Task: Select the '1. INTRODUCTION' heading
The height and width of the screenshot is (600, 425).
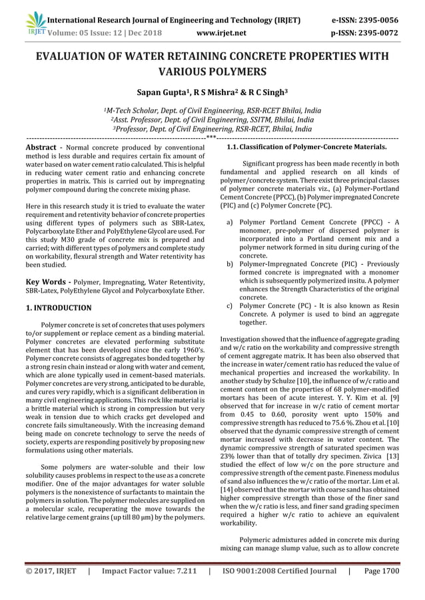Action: [x=59, y=308]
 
